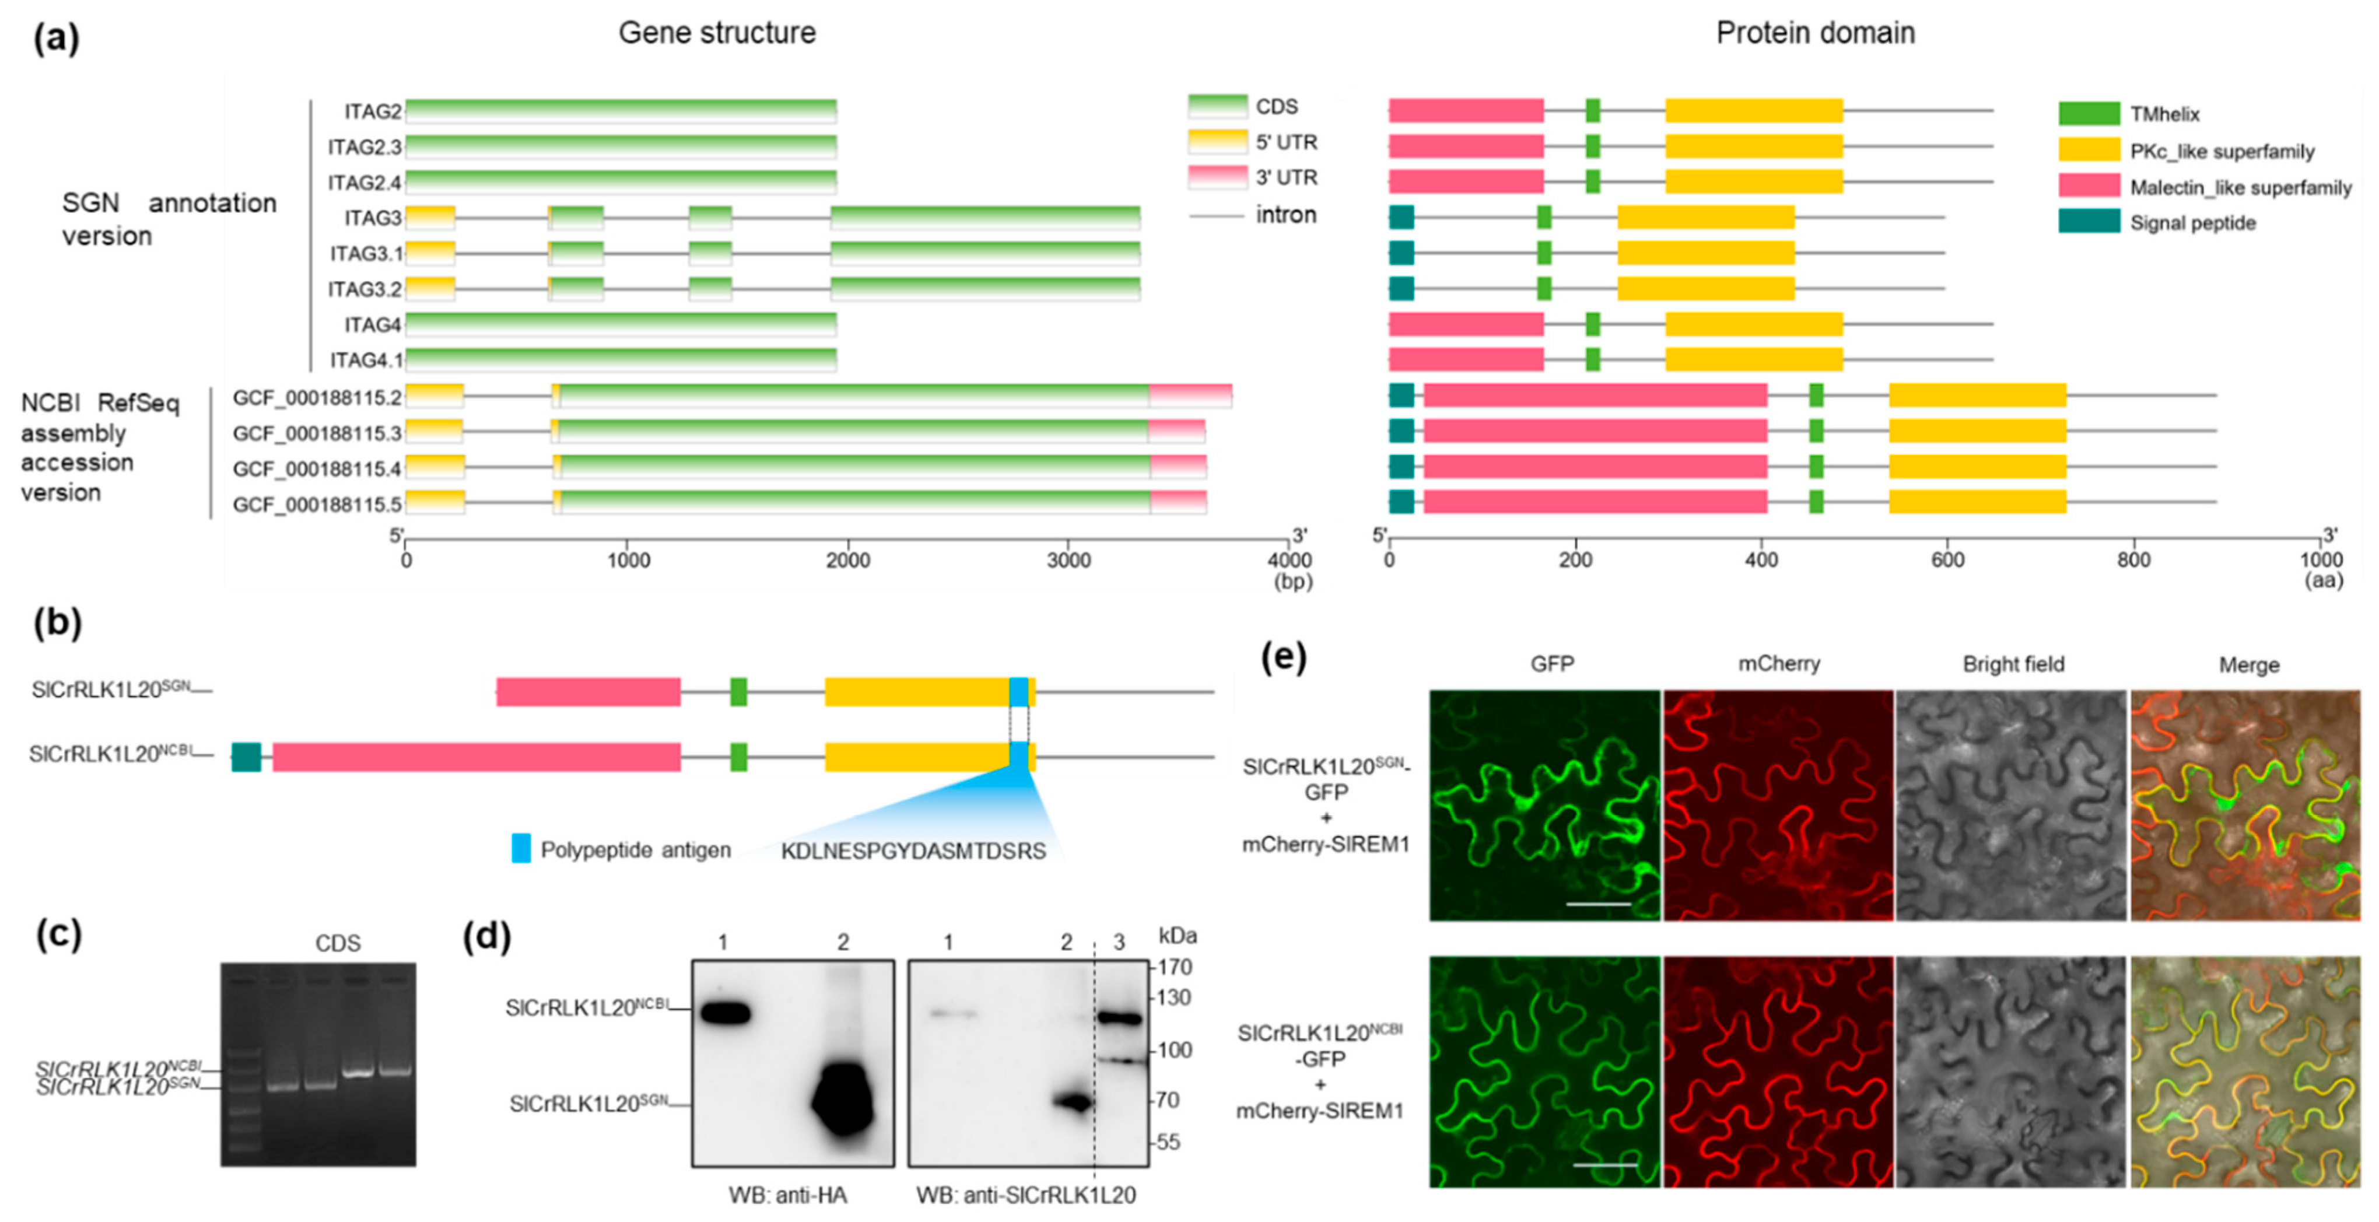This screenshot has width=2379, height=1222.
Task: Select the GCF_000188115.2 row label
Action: (317, 398)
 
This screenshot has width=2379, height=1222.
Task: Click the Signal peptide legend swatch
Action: (2088, 222)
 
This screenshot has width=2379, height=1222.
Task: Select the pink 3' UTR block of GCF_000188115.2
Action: (1190, 395)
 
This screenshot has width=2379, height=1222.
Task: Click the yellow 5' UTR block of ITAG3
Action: (430, 218)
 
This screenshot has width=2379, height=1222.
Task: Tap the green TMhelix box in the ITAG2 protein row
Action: (1592, 111)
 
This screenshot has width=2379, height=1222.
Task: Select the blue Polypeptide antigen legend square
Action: (521, 849)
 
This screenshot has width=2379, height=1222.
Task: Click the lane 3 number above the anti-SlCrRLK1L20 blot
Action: (1119, 942)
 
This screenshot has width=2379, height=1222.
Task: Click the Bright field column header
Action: (2012, 664)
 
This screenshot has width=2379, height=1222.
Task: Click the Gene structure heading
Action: (717, 33)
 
